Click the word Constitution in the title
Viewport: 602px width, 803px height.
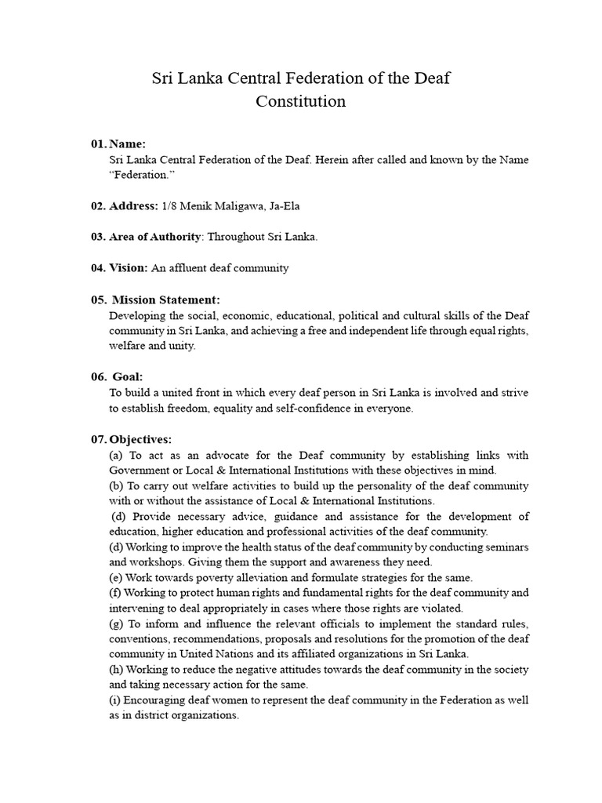click(301, 101)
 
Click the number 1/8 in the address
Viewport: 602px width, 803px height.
click(169, 206)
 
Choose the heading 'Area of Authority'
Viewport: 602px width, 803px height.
click(154, 238)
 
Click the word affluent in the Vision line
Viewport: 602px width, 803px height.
click(190, 268)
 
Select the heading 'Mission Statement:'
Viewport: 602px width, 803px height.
click(166, 300)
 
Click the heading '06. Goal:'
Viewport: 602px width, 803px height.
click(117, 377)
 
